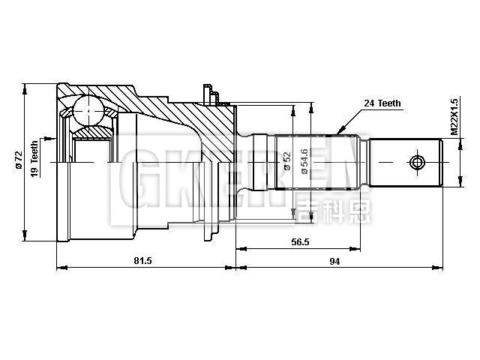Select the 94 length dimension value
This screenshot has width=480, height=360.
click(334, 260)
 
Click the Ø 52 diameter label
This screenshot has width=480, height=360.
click(287, 161)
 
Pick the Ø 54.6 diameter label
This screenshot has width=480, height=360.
click(304, 161)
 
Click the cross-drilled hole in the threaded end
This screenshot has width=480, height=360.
click(417, 161)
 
